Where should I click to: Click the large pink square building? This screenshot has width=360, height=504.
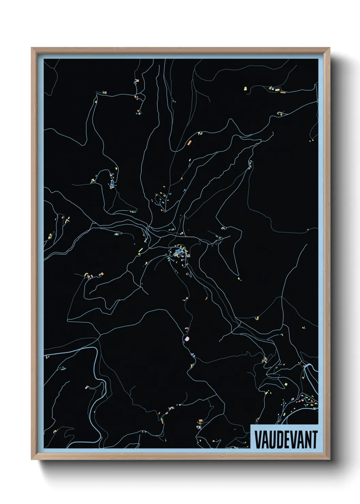click(186, 338)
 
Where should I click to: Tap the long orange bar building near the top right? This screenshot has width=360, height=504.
click(282, 92)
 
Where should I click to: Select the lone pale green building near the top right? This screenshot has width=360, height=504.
click(245, 89)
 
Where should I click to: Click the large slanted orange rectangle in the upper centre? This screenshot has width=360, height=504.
click(189, 143)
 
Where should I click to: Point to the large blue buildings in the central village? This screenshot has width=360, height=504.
click(178, 253)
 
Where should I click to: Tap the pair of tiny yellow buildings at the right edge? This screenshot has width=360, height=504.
click(311, 140)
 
